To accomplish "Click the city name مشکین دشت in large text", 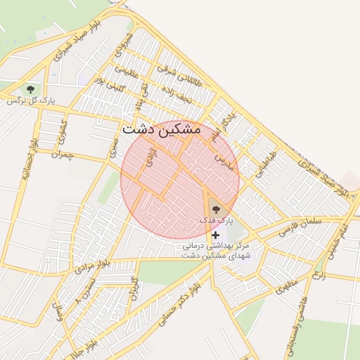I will (161, 129).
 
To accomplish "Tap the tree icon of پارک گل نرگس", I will (30, 89).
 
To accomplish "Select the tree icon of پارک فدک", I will (215, 207).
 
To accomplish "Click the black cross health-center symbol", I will (215, 234).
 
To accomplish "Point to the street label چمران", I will (62, 153).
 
